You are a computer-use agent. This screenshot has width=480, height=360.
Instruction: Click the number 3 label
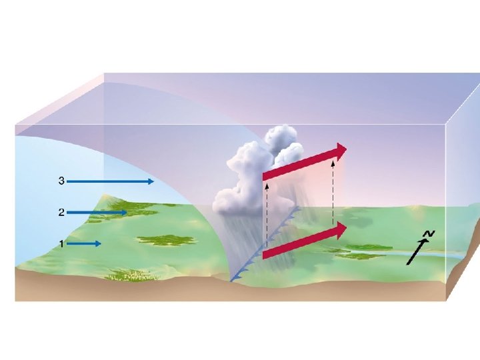[x=61, y=181]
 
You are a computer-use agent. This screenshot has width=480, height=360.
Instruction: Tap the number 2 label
[x=61, y=213]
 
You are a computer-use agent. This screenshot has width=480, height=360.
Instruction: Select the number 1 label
[x=61, y=244]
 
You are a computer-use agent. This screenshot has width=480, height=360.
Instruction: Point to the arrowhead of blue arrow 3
[x=151, y=181]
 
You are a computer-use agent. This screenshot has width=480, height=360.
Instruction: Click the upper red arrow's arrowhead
[x=342, y=151]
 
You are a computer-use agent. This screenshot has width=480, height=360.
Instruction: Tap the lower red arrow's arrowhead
[x=342, y=231]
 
